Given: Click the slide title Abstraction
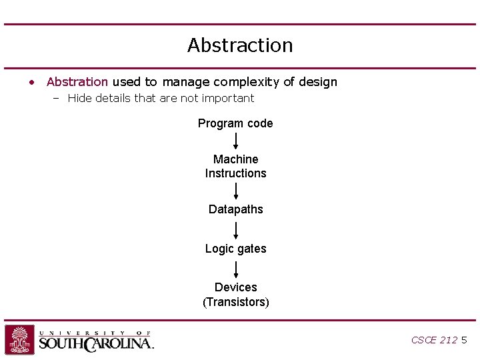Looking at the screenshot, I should pos(240,45).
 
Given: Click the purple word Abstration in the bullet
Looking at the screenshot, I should pos(77,82).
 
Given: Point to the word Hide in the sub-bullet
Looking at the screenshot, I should pos(79,99).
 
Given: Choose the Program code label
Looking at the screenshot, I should pos(235,123).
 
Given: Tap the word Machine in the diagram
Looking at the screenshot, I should pos(235,159).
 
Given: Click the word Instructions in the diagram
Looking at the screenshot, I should pos(235,173).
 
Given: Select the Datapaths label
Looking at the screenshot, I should pos(235,209).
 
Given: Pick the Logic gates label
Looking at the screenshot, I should pos(235,249).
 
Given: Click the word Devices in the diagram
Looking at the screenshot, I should pos(235,287).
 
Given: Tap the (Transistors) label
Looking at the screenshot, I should pos(235,302).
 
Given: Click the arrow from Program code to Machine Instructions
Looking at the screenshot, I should pos(236,141).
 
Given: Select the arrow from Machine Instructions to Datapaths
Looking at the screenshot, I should pos(236,191).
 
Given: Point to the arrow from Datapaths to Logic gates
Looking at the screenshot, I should pos(236,230).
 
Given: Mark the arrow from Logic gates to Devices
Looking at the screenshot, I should pos(236,269).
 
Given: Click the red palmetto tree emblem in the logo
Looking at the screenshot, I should pos(20,340).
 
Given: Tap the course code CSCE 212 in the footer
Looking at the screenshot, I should pos(434,340).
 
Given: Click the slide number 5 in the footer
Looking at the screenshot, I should pos(464,340).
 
